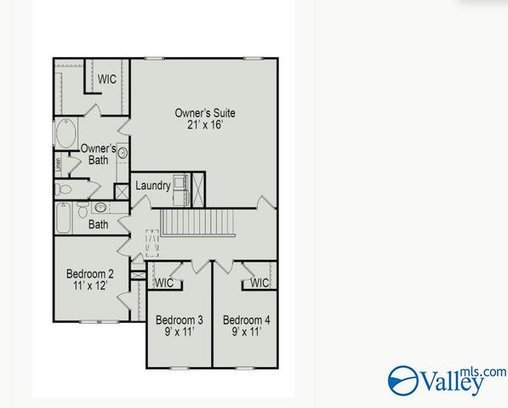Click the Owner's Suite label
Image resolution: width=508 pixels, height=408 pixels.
pos(205,113)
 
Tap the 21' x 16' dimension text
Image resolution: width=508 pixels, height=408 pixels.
pos(205,126)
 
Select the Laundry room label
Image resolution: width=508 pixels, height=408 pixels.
pos(153,185)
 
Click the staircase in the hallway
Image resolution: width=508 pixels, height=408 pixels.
pos(197,224)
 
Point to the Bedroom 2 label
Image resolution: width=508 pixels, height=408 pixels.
pos(90,275)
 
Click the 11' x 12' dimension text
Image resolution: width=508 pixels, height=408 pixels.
pos(90,288)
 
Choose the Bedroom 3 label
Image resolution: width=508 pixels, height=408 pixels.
pos(179,320)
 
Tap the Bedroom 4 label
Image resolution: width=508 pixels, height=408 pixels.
pos(246,320)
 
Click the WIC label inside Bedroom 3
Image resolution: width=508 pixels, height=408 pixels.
pos(164,283)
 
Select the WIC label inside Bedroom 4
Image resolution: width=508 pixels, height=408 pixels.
pos(260,283)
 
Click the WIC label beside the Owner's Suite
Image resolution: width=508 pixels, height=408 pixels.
pos(106,79)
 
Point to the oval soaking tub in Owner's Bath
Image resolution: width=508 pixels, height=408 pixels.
pos(66,133)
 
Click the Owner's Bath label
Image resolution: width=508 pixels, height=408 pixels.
pos(99,154)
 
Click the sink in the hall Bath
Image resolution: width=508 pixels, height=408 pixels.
pos(100,207)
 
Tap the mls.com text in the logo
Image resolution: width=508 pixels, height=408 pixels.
pos(487,371)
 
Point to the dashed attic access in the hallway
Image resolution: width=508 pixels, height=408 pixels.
pos(152,244)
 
